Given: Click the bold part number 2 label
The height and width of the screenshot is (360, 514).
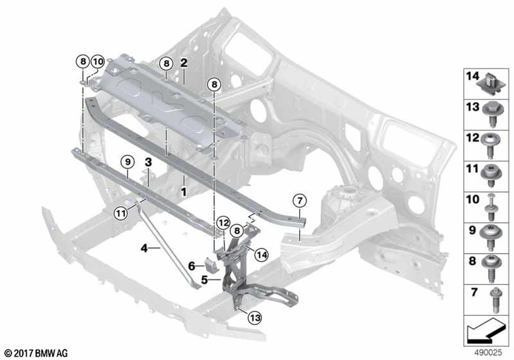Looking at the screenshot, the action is (184, 63).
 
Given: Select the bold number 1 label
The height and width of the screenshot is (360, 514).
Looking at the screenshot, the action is (184, 192).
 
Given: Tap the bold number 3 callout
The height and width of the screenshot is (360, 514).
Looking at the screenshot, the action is (149, 161).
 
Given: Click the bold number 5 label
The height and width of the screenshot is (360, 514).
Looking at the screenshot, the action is (205, 280).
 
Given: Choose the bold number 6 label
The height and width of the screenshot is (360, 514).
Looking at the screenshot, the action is (192, 266).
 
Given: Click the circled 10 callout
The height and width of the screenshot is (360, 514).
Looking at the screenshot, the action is (98, 61).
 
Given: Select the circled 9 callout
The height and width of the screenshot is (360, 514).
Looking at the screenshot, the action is (128, 161).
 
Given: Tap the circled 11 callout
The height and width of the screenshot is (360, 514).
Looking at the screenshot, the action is (121, 214).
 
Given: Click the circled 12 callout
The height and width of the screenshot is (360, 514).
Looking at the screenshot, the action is (224, 223).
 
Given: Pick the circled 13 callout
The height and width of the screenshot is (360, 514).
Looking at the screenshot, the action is (255, 317).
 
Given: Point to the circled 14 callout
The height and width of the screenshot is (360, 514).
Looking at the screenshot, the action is (261, 255).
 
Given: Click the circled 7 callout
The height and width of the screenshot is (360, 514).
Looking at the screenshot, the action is (300, 201).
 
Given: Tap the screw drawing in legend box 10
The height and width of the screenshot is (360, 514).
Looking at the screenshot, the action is (491, 207).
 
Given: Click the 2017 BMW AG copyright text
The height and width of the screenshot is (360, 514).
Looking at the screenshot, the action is (36, 353).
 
